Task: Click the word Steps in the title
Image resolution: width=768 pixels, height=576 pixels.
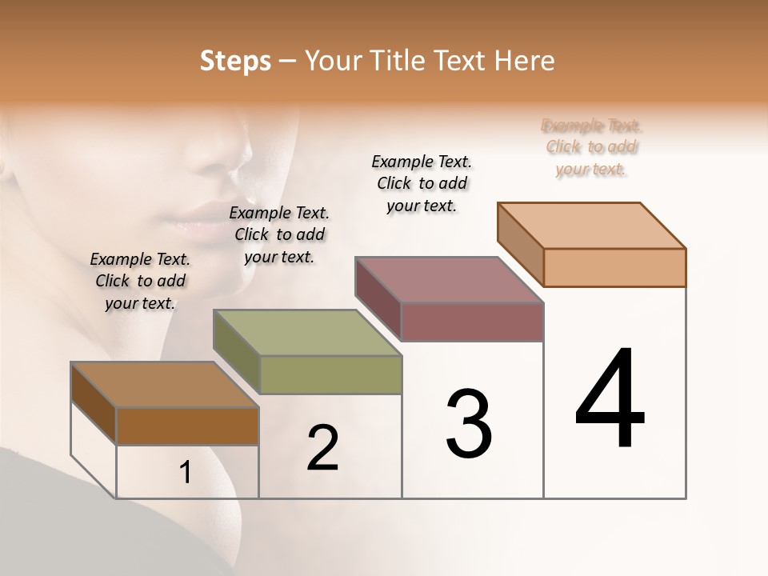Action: pos(234,61)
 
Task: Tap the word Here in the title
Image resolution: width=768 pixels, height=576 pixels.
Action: pos(524,61)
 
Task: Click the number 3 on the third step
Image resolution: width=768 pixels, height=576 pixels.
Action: pos(469,424)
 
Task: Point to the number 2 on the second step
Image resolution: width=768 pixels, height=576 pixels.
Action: pos(322,448)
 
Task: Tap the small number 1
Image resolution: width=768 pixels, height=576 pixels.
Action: pos(186,473)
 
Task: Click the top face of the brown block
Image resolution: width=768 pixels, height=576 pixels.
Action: pos(164,385)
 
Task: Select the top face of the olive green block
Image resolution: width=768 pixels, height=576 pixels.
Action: pos(306,333)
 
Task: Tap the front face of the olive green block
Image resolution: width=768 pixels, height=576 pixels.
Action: pos(330,374)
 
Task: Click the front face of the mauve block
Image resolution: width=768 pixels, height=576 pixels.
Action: pos(472,322)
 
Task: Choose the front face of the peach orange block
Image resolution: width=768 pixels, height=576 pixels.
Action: pos(614,267)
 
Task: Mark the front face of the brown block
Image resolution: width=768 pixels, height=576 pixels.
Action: pos(187,426)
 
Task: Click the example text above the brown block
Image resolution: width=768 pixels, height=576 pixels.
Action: pos(140,282)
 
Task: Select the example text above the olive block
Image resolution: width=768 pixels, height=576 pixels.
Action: pos(279,235)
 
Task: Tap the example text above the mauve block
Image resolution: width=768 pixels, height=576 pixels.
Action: pos(422,183)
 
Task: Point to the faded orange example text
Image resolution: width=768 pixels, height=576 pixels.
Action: pos(591,147)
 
